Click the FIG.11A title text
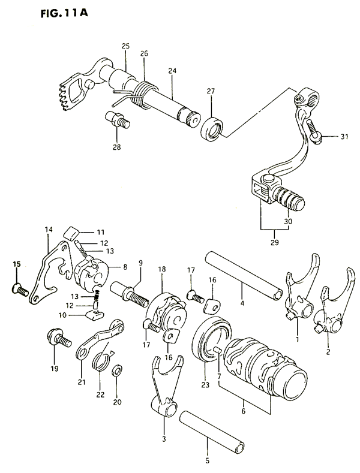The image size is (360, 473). (x=64, y=14)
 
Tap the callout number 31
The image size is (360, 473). (x=344, y=137)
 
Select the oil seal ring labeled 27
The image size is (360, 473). (x=212, y=129)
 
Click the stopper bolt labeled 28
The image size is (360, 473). (x=118, y=120)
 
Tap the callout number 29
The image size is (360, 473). (x=275, y=242)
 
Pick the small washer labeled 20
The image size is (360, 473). (x=118, y=370)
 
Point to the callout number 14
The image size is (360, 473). (x=49, y=229)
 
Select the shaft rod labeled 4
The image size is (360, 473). (x=244, y=275)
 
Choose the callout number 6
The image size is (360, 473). (x=244, y=411)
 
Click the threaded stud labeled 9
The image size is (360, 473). (x=129, y=294)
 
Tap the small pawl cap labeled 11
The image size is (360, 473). (x=71, y=233)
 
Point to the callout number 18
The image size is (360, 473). (x=162, y=269)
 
